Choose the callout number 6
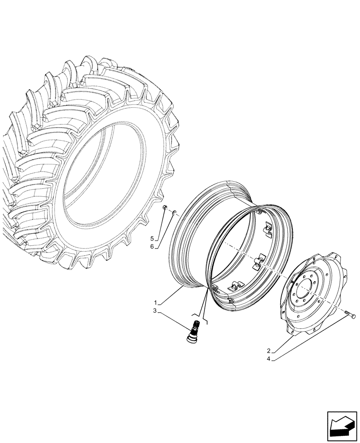click(152, 247)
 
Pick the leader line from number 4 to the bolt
click(310, 336)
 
